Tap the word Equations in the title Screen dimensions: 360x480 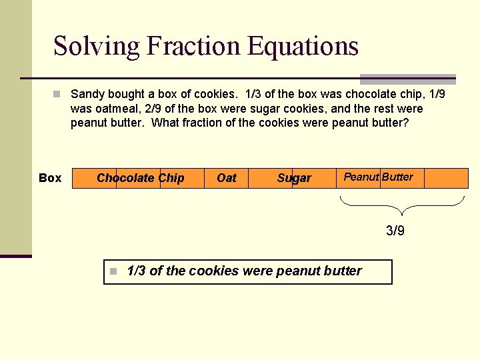303,46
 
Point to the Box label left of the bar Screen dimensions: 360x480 50,178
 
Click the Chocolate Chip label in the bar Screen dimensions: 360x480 141,178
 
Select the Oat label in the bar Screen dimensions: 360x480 227,178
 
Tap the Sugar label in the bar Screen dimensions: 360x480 294,178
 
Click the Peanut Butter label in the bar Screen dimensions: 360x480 378,177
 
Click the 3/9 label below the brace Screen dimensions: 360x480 395,231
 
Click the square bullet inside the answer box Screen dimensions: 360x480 114,271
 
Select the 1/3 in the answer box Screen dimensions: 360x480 136,271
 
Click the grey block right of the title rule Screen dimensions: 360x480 408,79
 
